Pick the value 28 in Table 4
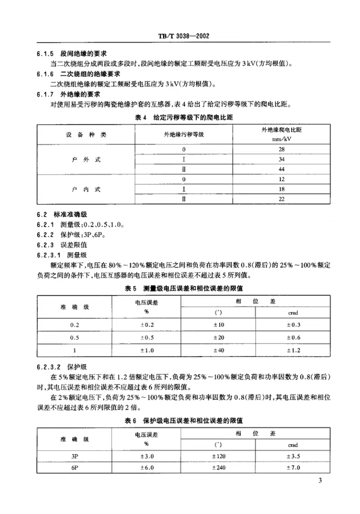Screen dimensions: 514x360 tap(282, 149)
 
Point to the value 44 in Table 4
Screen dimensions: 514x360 tap(282, 170)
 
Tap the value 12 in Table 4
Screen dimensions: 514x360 tap(282, 180)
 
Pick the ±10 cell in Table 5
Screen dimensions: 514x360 tap(218, 325)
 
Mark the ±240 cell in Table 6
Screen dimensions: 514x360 tap(218, 468)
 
